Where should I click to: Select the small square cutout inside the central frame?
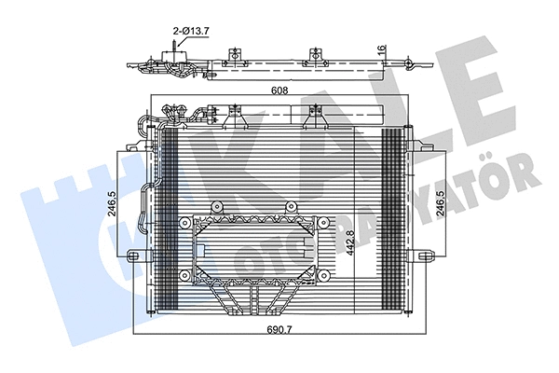(200, 249)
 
